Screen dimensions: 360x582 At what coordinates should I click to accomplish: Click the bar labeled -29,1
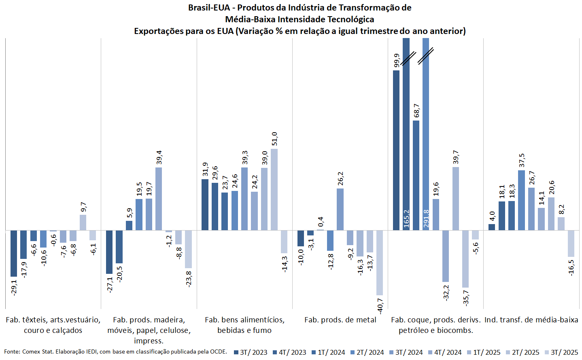point(14,253)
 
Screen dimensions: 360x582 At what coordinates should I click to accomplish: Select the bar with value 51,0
point(274,189)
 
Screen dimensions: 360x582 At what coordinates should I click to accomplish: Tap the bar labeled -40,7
point(379,263)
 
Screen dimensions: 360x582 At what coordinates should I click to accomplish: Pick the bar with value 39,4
point(159,199)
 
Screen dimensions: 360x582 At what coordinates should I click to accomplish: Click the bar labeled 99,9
point(396,150)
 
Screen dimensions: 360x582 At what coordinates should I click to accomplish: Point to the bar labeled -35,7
point(465,259)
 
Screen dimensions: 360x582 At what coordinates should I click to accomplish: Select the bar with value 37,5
point(521,200)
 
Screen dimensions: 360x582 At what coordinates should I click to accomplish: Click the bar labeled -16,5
point(571,244)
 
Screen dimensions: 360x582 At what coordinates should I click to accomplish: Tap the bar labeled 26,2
point(340,209)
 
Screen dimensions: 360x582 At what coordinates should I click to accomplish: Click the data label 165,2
point(406,218)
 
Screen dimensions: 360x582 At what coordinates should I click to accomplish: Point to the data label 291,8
point(426,218)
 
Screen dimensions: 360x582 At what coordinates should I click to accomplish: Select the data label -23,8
point(189,279)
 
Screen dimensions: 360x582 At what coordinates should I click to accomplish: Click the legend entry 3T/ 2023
point(251,352)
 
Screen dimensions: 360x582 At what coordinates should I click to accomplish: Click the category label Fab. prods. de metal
point(340,320)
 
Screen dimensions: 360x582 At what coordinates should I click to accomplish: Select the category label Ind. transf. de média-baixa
point(531,320)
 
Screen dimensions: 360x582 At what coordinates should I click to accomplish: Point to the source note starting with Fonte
point(115,352)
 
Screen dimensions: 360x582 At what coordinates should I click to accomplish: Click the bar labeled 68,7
point(416,175)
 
